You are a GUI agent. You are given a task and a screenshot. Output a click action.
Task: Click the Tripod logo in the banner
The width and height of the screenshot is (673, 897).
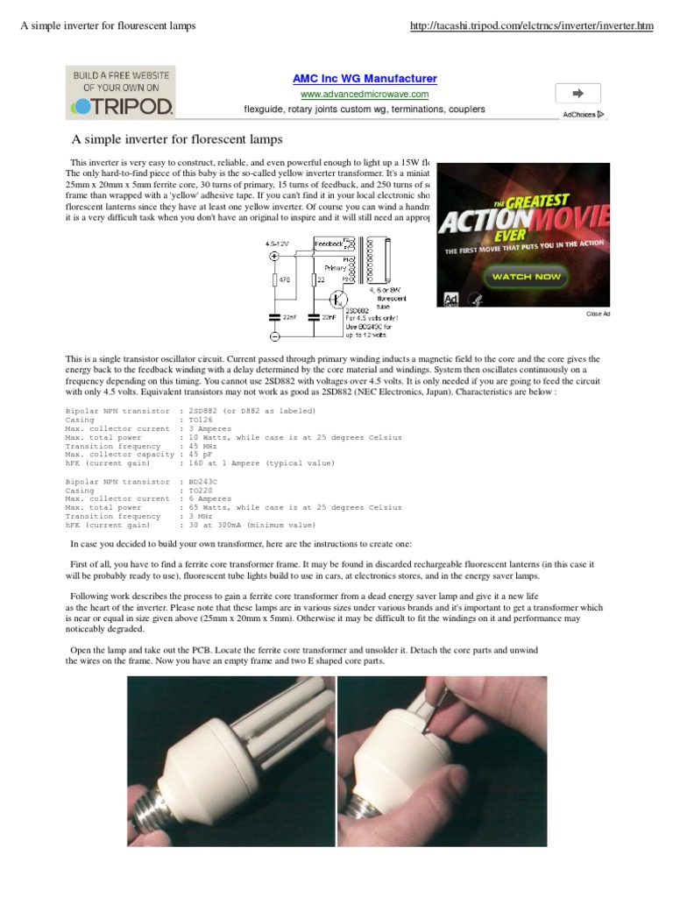click(x=121, y=106)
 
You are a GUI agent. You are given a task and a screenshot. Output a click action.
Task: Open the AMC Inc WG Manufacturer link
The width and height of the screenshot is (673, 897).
click(x=365, y=79)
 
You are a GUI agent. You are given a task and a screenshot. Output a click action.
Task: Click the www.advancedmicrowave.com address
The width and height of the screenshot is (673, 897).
click(x=365, y=94)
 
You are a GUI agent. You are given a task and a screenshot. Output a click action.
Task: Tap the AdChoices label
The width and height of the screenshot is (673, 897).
click(x=583, y=115)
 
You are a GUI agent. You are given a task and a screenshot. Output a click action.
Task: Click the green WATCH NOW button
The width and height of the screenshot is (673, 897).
click(x=526, y=276)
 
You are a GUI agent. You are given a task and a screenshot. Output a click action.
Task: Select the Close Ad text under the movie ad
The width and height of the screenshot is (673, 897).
click(x=599, y=313)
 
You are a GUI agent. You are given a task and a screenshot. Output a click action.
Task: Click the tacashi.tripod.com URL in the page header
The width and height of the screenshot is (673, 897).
click(x=532, y=26)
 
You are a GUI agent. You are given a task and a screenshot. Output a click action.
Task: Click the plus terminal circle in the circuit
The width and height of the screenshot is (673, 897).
click(x=274, y=257)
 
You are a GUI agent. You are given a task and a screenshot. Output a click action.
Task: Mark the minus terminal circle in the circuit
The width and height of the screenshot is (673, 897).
click(x=274, y=336)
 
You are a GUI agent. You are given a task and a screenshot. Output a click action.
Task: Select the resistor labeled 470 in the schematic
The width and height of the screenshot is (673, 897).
click(x=274, y=280)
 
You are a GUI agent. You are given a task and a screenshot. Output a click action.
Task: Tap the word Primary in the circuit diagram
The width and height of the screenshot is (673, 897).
click(x=335, y=268)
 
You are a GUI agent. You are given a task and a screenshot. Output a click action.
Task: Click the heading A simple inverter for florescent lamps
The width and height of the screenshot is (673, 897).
click(x=177, y=139)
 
